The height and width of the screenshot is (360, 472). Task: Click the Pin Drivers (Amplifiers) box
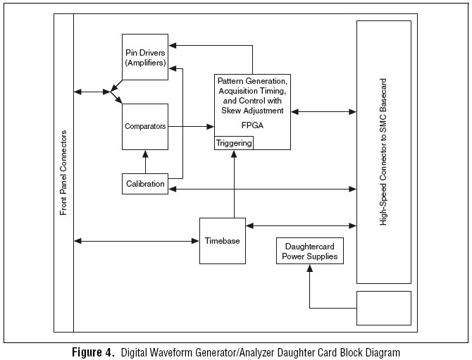[x=145, y=58]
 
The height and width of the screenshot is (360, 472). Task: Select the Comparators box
[x=145, y=126]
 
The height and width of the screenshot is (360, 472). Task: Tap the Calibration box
[x=145, y=184]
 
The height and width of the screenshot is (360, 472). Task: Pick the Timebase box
[x=222, y=240]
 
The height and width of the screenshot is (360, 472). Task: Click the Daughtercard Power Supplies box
[x=310, y=252]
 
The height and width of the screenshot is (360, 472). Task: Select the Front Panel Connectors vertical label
[x=63, y=172]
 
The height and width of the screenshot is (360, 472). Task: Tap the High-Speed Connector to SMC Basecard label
[x=383, y=151]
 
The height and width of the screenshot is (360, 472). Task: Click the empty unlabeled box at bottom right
[x=384, y=308]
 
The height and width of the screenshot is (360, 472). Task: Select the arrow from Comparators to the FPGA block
[x=191, y=126]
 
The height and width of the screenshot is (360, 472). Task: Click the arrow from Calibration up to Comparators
[x=145, y=161]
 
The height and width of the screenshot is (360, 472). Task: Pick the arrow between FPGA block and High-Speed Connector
[x=323, y=111]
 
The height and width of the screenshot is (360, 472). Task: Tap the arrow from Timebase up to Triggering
[x=234, y=183]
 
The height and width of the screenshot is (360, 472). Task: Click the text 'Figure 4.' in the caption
[x=94, y=352]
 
